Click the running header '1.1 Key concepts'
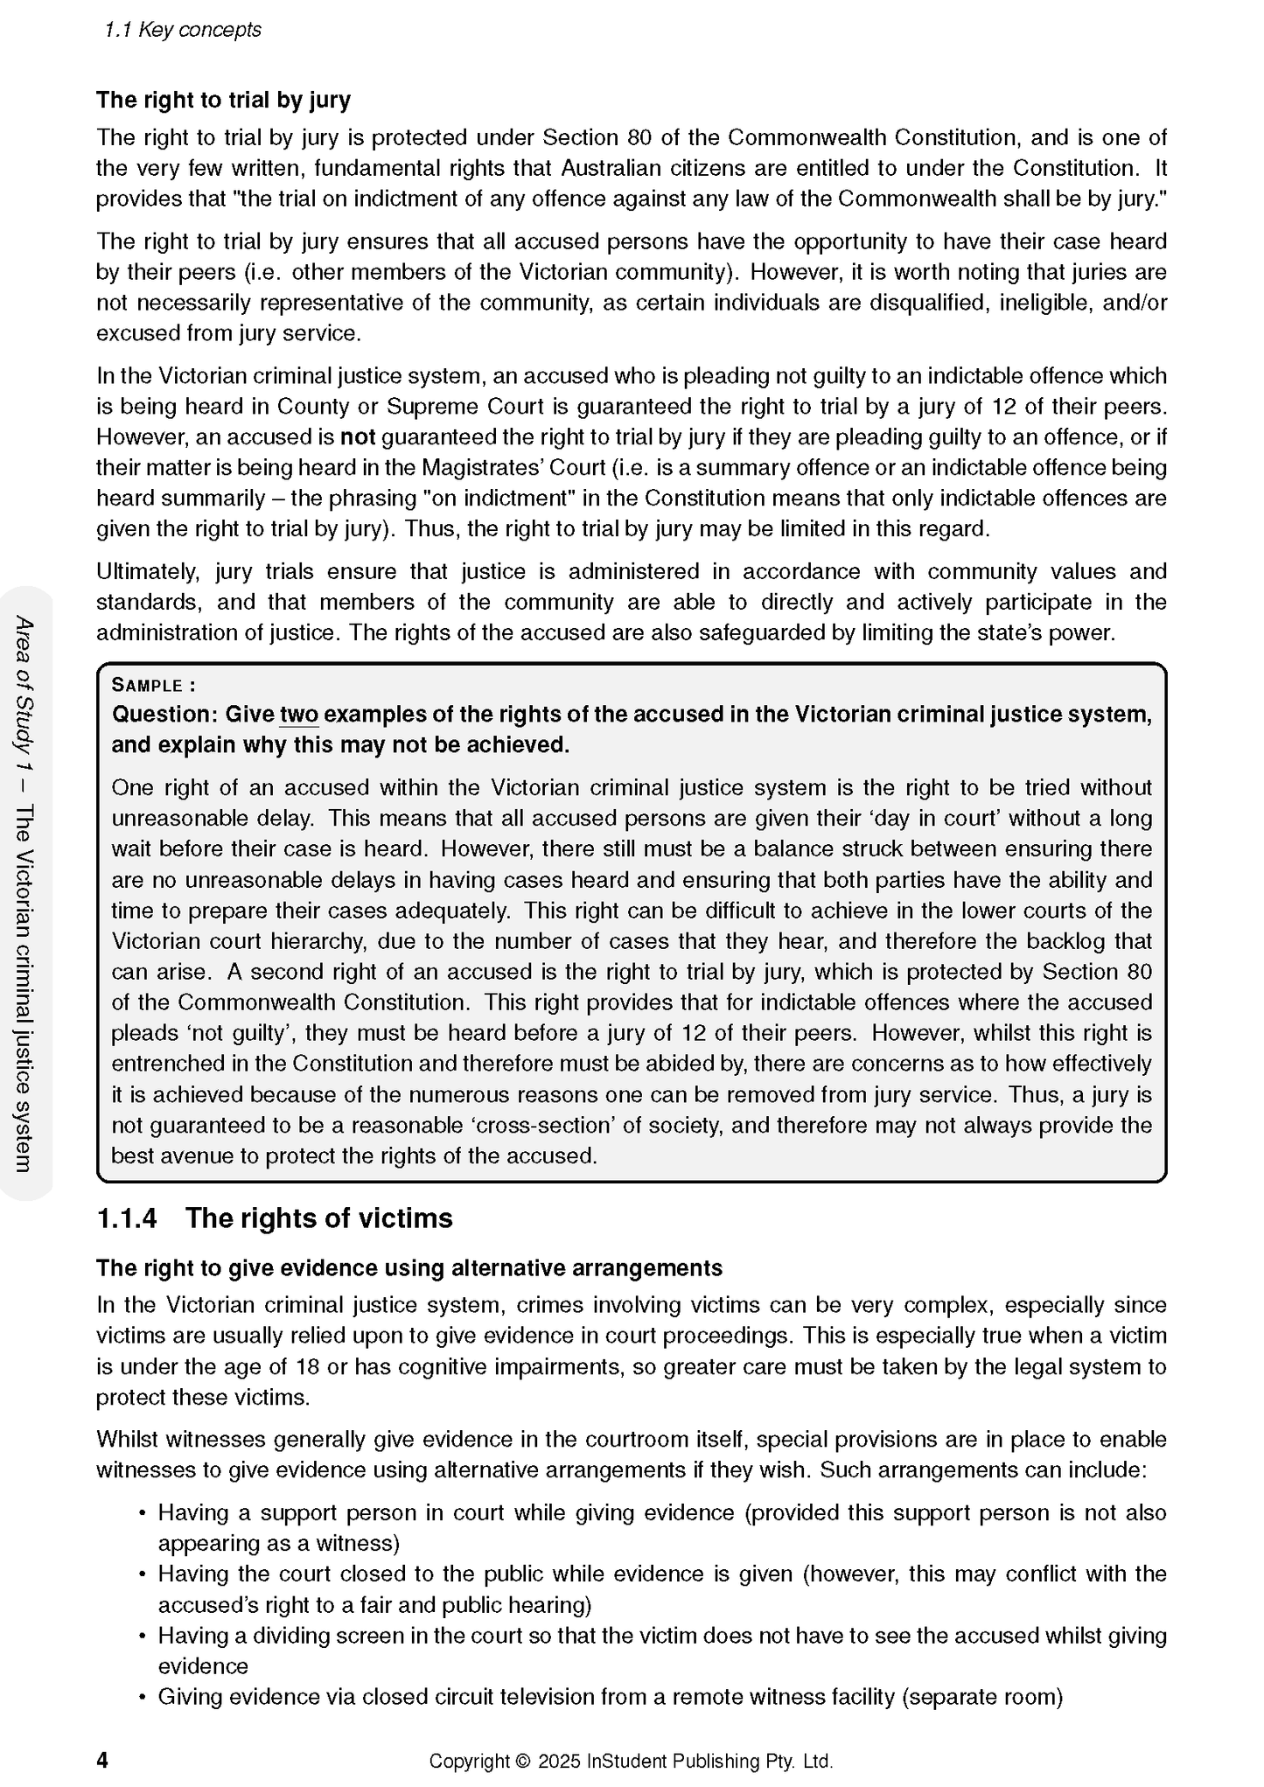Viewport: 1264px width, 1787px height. pos(183,30)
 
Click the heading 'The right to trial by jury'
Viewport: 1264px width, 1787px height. pos(223,100)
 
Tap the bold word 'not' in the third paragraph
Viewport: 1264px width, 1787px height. pos(357,437)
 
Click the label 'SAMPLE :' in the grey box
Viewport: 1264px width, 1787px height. pos(153,686)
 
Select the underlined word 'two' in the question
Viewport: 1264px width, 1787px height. pos(299,715)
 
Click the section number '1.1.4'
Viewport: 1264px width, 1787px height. pos(127,1218)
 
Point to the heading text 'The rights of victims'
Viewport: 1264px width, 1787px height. pos(318,1218)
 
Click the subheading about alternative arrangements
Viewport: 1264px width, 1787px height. pos(409,1268)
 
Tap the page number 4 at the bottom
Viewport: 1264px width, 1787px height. pos(102,1760)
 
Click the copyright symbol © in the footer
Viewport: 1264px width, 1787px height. pos(523,1761)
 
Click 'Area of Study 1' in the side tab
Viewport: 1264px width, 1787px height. pos(24,691)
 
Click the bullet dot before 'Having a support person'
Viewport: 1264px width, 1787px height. pos(142,1513)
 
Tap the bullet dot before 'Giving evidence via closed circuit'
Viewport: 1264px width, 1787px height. pos(142,1698)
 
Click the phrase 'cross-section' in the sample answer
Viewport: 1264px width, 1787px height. pos(535,1126)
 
